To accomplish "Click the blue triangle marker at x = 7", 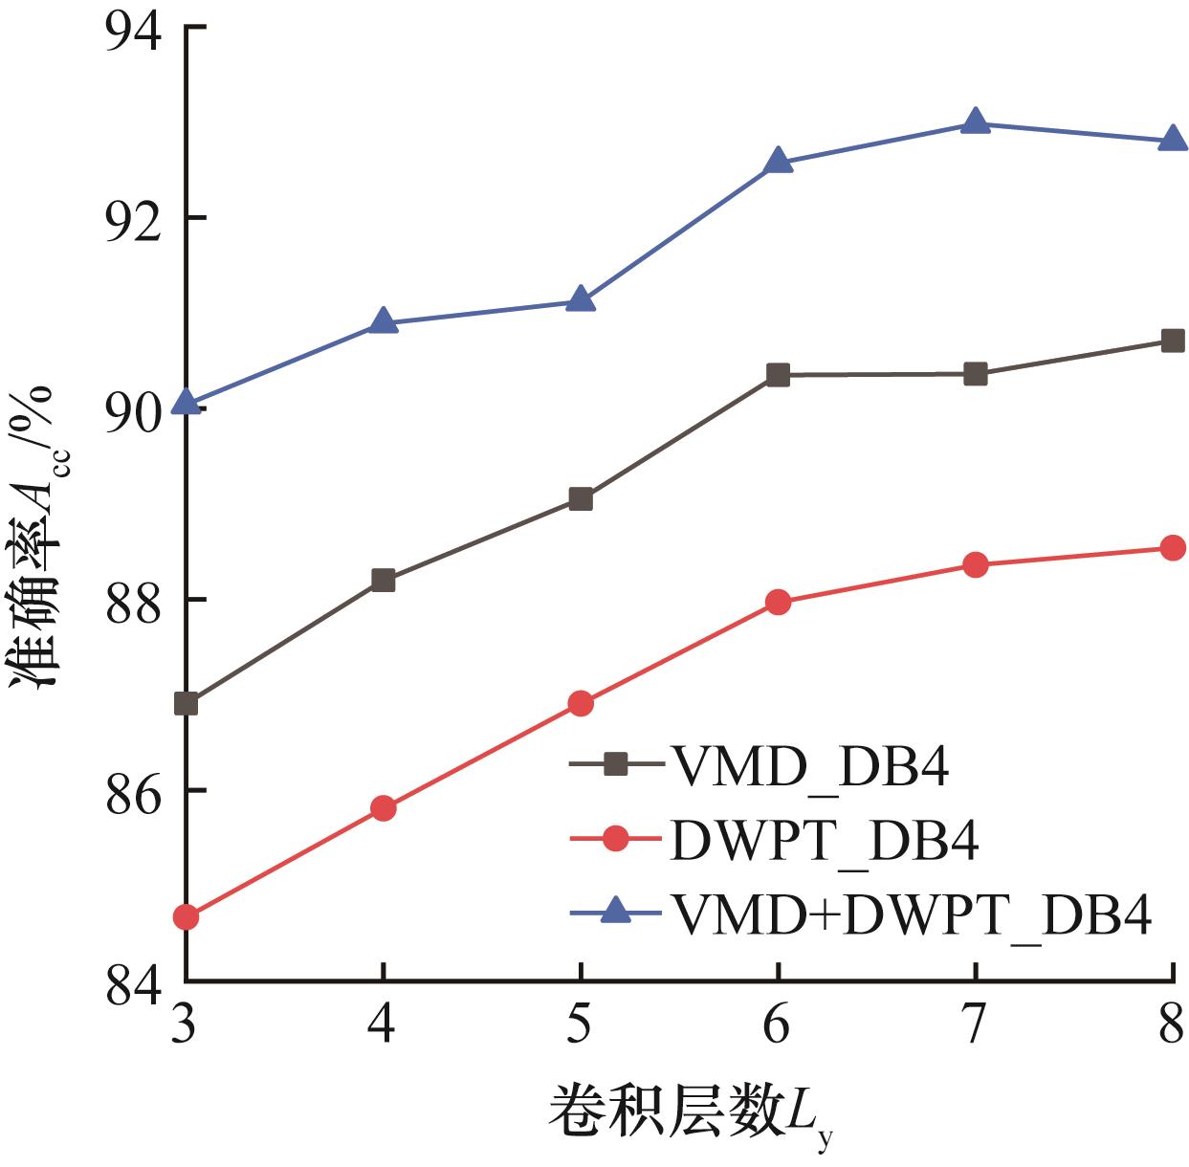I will pyautogui.click(x=975, y=121).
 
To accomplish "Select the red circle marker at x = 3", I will pyautogui.click(x=187, y=916).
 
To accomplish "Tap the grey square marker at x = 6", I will pyautogui.click(x=778, y=374).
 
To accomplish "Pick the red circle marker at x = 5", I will pyautogui.click(x=581, y=703).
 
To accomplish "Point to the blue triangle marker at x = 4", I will pyautogui.click(x=384, y=321).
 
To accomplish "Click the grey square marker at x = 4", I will pyautogui.click(x=384, y=580).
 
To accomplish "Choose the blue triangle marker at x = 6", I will pyautogui.click(x=778, y=161).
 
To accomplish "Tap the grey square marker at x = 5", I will pyautogui.click(x=581, y=498).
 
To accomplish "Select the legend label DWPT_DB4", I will pyautogui.click(x=825, y=841).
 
